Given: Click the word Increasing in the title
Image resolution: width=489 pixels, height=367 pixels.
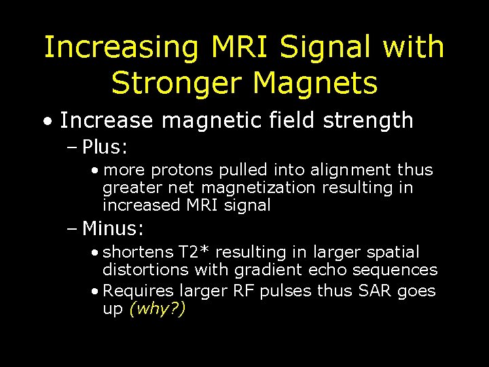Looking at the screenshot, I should [121, 48].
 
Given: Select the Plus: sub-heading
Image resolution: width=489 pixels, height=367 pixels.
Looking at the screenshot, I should [105, 147].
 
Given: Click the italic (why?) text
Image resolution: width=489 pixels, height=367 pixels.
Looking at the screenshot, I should [157, 309].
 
